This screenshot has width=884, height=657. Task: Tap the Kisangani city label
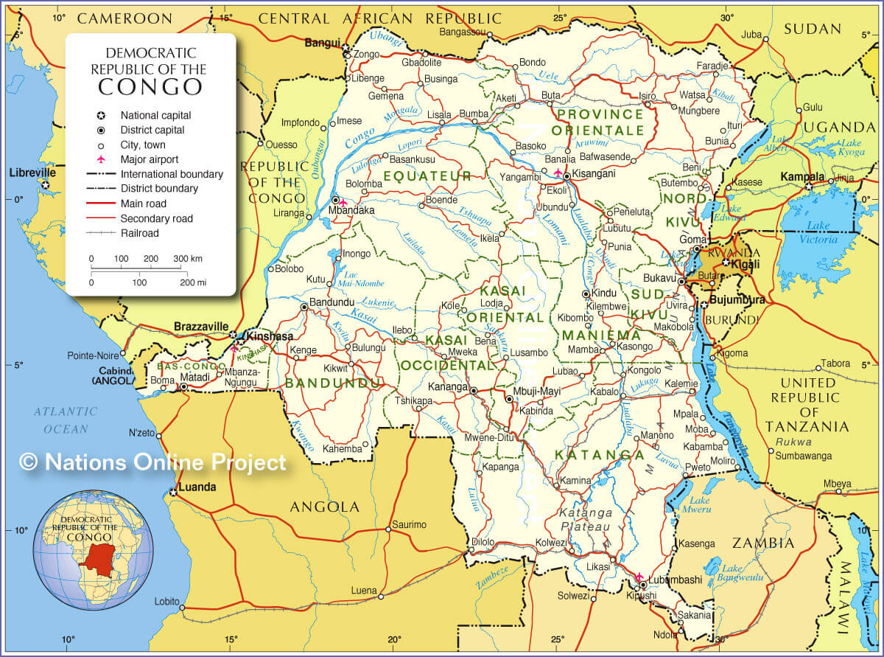[594, 176]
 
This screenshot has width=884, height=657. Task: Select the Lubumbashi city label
[675, 580]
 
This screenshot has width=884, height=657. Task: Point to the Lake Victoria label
[818, 232]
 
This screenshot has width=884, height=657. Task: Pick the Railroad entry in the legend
[139, 233]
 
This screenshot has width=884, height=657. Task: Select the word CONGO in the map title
[150, 87]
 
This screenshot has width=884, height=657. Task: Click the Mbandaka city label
[351, 210]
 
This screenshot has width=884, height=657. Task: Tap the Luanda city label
[197, 487]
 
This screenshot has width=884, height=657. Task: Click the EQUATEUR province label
[427, 176]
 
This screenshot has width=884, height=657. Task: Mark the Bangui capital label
[323, 43]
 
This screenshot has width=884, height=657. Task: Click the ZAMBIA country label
[763, 543]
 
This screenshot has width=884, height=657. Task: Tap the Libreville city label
[32, 173]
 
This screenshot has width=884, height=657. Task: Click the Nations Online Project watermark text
[152, 462]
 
